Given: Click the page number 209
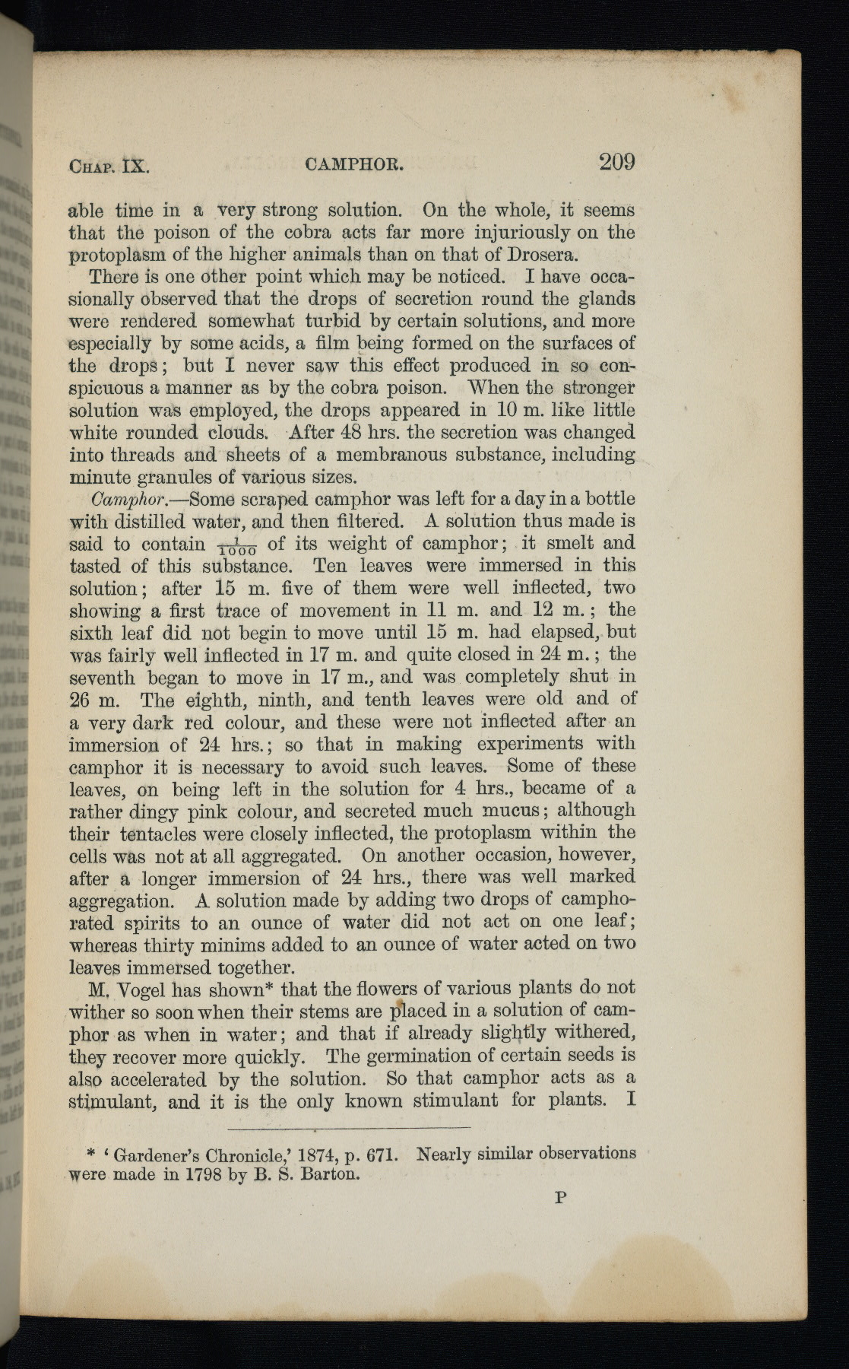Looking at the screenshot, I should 616,161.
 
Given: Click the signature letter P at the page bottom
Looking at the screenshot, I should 561,1198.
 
